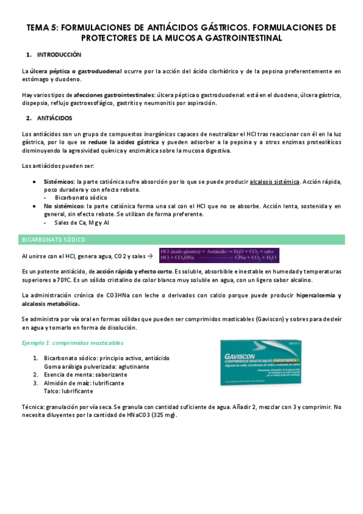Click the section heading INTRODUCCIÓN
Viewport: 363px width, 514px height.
(x=58, y=55)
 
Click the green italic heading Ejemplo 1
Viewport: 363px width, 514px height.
(x=59, y=343)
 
